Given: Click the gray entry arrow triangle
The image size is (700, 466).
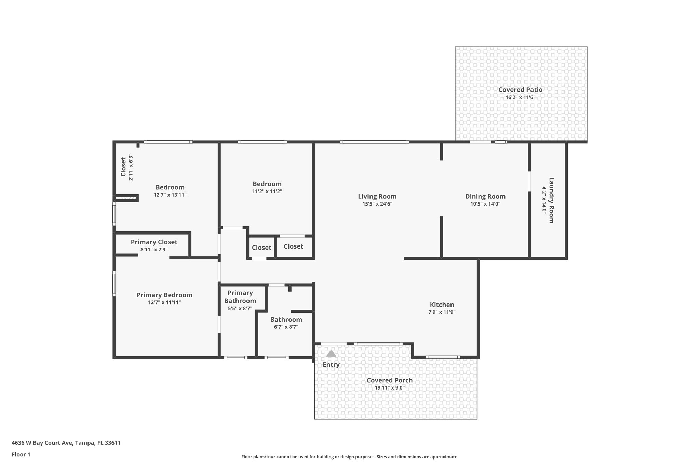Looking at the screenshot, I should click(x=331, y=353).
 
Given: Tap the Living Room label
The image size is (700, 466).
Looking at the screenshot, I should click(x=377, y=196).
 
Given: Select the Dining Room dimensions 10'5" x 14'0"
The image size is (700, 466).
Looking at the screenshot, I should click(x=485, y=204).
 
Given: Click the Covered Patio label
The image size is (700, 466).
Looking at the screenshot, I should click(x=520, y=90).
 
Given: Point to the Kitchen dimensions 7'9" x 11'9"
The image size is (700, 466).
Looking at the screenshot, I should click(x=442, y=312).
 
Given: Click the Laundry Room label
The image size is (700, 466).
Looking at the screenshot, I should click(x=551, y=200).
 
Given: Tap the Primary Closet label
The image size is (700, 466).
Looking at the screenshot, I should click(x=154, y=242).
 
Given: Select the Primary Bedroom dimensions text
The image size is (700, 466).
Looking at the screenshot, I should click(x=164, y=302).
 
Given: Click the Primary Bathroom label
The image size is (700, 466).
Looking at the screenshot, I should click(x=240, y=297).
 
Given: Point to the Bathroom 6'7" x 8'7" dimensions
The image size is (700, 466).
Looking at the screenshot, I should click(x=286, y=327).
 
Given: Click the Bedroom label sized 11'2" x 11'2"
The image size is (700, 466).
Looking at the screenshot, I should click(x=267, y=184).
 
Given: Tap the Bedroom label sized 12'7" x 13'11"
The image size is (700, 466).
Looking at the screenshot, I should click(x=170, y=187).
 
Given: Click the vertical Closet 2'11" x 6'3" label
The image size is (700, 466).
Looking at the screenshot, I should click(x=123, y=167).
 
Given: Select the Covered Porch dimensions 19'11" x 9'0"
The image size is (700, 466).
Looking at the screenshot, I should click(x=389, y=388).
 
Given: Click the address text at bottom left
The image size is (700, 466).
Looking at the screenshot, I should click(x=66, y=443).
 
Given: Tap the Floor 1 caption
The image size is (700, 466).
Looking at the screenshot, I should click(x=21, y=454).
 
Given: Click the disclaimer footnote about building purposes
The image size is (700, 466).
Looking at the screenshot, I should click(x=350, y=457).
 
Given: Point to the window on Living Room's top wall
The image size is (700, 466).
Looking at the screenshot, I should click(x=374, y=142).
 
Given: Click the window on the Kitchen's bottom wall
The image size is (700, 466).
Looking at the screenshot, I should click(x=443, y=357).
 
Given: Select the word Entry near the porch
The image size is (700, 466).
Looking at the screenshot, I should click(x=331, y=365).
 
